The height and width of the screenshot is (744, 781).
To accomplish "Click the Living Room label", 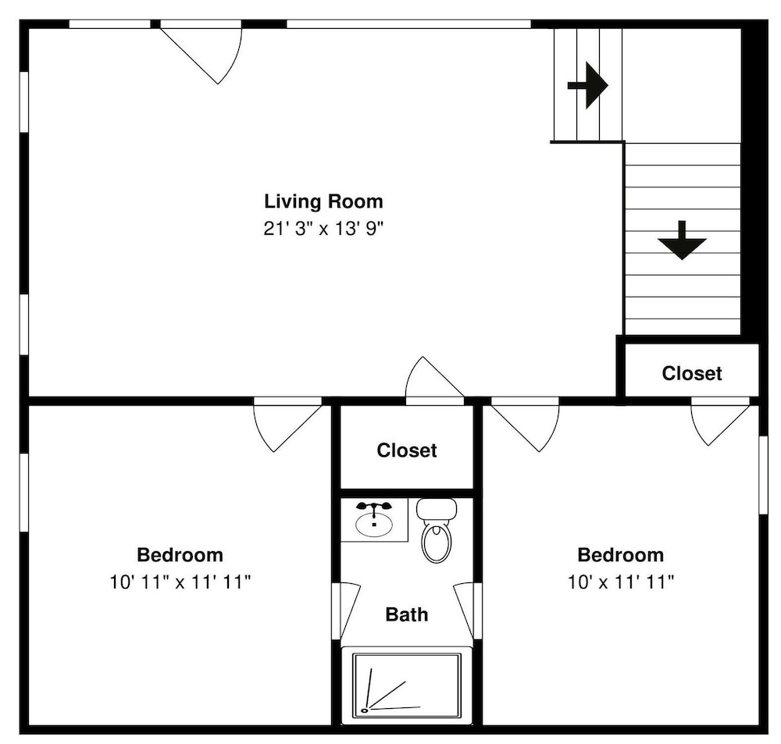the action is (324, 201).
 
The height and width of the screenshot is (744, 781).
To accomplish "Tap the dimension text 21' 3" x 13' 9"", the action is (324, 229).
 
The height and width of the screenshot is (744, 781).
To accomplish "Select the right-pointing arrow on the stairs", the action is (588, 85).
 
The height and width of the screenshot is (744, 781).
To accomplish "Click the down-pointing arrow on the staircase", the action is (682, 240).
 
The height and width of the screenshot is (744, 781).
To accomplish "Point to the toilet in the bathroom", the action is (437, 530).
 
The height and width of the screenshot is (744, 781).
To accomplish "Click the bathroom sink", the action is (374, 519).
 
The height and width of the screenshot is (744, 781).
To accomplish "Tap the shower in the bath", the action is (406, 685).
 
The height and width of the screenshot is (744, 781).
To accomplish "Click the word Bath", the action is (406, 614).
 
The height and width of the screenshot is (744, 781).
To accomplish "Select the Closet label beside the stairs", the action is (692, 373).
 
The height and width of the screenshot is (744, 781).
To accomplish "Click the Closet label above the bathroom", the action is (407, 450).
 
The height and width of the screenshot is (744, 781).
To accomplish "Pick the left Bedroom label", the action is (180, 555).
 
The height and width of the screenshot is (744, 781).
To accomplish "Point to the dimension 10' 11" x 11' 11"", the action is (180, 582).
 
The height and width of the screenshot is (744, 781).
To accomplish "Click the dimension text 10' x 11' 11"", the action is (621, 582).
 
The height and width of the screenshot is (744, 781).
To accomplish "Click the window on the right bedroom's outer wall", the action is (763, 475).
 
